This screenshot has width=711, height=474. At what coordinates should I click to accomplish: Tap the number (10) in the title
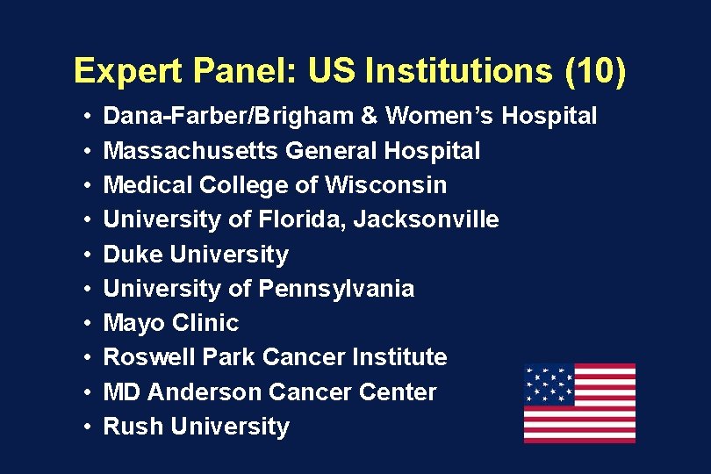(596, 70)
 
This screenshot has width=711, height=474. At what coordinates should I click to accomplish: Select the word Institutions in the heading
(461, 70)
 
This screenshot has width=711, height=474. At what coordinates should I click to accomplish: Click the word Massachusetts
(191, 151)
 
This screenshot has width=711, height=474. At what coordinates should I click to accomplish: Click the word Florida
(299, 219)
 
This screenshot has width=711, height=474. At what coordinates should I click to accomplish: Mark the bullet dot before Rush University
(90, 427)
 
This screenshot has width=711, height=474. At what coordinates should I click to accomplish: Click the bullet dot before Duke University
(90, 255)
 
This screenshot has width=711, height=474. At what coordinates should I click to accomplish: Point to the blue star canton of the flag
(549, 385)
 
